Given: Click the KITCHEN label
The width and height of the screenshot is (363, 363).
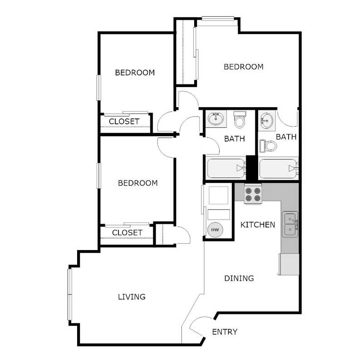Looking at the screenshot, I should click(x=257, y=225).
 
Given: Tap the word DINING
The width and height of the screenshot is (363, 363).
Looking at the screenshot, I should click(x=239, y=278).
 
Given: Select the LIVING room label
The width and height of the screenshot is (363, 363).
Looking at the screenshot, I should click(x=132, y=297).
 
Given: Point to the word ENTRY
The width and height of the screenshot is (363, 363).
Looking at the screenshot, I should click(x=225, y=332).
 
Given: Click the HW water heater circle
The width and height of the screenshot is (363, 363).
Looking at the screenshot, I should click(x=215, y=230).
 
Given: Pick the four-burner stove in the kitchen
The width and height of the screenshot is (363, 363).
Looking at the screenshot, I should click(x=253, y=195).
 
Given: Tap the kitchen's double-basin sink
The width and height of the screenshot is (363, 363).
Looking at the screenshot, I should click(x=290, y=224).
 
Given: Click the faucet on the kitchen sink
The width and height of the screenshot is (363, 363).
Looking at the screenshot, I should click(x=295, y=223).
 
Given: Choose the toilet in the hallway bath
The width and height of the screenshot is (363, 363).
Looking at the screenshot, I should click(x=239, y=120).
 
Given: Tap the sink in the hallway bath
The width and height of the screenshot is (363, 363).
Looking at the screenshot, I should click(x=216, y=119).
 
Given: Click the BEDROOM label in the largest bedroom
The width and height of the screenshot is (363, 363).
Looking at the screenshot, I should click(x=244, y=67).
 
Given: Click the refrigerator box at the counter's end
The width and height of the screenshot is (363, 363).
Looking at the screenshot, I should click(x=289, y=264).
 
